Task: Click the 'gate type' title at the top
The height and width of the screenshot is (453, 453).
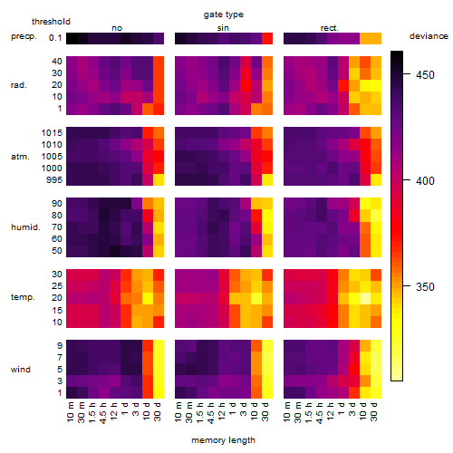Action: (224, 14)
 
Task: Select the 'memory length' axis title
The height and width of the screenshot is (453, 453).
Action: (224, 440)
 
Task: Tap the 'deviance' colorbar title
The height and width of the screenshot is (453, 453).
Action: (429, 36)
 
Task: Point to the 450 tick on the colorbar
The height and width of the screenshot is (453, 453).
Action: (407, 73)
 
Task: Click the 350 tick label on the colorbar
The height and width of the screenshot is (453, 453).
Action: (425, 286)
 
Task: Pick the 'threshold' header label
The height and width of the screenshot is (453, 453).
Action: (51, 22)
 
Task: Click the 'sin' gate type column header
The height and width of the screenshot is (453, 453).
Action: (223, 28)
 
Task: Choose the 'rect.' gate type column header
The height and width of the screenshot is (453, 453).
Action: (330, 28)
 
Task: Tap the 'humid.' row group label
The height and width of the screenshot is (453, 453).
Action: (25, 227)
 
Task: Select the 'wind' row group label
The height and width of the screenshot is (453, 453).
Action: (21, 370)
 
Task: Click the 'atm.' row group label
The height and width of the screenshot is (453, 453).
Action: (20, 157)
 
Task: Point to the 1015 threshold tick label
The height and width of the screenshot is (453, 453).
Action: (52, 133)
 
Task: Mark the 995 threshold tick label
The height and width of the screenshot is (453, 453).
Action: (54, 180)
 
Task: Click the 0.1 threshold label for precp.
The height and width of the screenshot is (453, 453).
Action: (55, 38)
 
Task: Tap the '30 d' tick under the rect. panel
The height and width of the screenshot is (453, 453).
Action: (374, 411)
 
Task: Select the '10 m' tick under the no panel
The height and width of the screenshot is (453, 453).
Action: (70, 411)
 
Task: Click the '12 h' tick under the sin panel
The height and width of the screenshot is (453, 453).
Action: (222, 411)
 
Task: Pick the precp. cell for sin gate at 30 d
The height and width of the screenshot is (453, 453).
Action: (267, 38)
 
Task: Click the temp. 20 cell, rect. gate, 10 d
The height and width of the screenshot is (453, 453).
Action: (365, 299)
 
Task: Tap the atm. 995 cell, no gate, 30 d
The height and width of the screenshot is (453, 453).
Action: (159, 180)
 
